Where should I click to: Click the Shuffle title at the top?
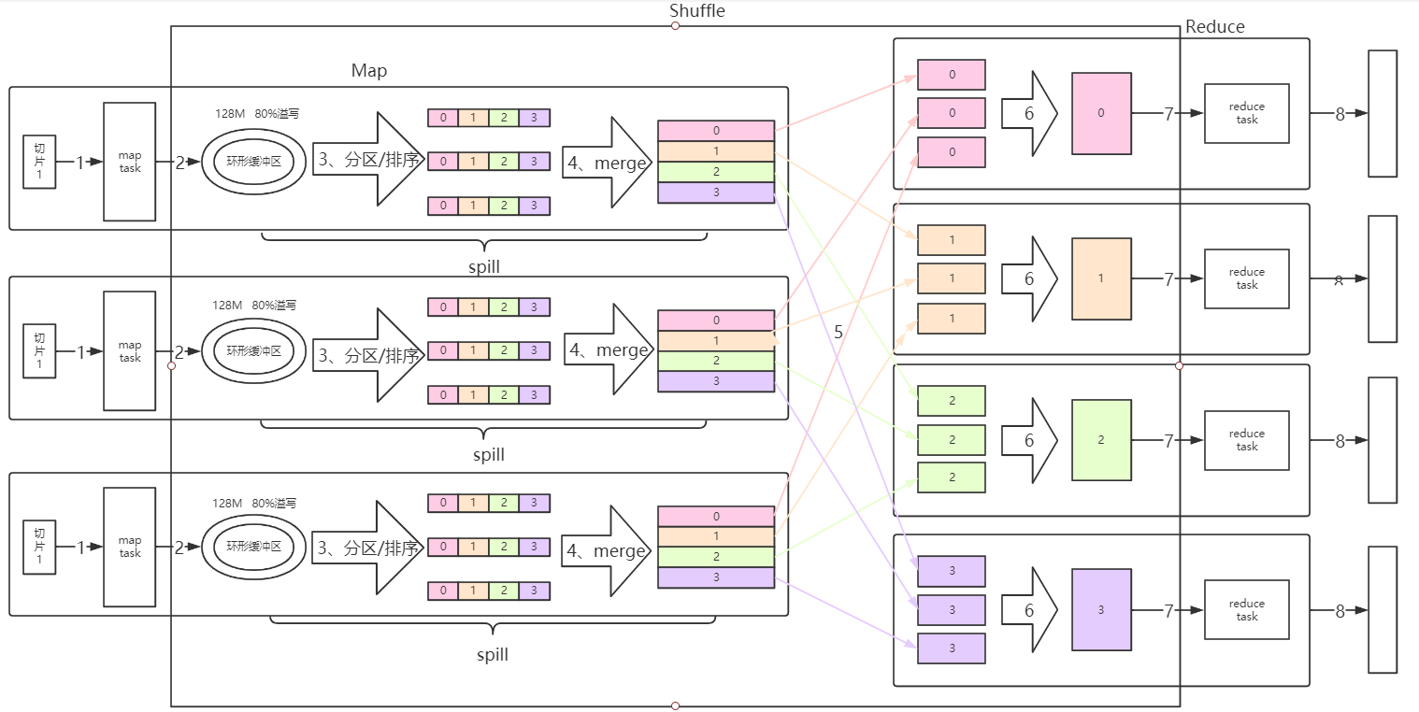pyautogui.click(x=697, y=11)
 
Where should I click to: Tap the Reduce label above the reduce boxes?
pyautogui.click(x=1214, y=27)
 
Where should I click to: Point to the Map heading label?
pyautogui.click(x=369, y=71)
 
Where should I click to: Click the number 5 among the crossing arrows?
pyautogui.click(x=838, y=332)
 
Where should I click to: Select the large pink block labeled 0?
pyautogui.click(x=1101, y=113)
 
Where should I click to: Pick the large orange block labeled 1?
pyautogui.click(x=1101, y=278)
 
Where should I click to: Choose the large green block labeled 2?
pyautogui.click(x=1101, y=440)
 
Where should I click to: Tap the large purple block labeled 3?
pyautogui.click(x=1101, y=610)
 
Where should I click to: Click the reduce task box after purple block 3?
pyautogui.click(x=1247, y=610)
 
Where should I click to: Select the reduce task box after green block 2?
pyautogui.click(x=1247, y=440)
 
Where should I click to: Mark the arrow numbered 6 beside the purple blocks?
pyautogui.click(x=1028, y=610)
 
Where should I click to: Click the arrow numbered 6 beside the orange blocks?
pyautogui.click(x=1028, y=278)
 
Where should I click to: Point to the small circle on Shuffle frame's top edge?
pyautogui.click(x=675, y=26)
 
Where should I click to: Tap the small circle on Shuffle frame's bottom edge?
pyautogui.click(x=675, y=705)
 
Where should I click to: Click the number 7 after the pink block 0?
pyautogui.click(x=1168, y=114)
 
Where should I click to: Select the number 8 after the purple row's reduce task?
pyautogui.click(x=1340, y=611)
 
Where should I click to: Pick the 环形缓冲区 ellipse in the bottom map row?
pyautogui.click(x=253, y=547)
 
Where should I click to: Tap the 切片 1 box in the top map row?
pyautogui.click(x=39, y=162)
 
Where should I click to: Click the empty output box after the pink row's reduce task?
pyautogui.click(x=1383, y=113)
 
